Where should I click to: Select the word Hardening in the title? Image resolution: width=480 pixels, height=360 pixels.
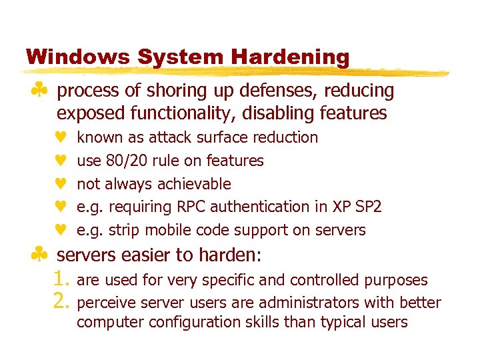[x=291, y=57]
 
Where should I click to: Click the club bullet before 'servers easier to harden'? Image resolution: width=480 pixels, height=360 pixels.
[x=41, y=255]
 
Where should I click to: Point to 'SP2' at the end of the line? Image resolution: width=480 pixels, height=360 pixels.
[x=368, y=207]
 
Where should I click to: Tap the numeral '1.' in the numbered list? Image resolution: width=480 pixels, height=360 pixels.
[x=61, y=280]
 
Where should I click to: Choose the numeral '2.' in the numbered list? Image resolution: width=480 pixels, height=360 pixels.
[x=61, y=303]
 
